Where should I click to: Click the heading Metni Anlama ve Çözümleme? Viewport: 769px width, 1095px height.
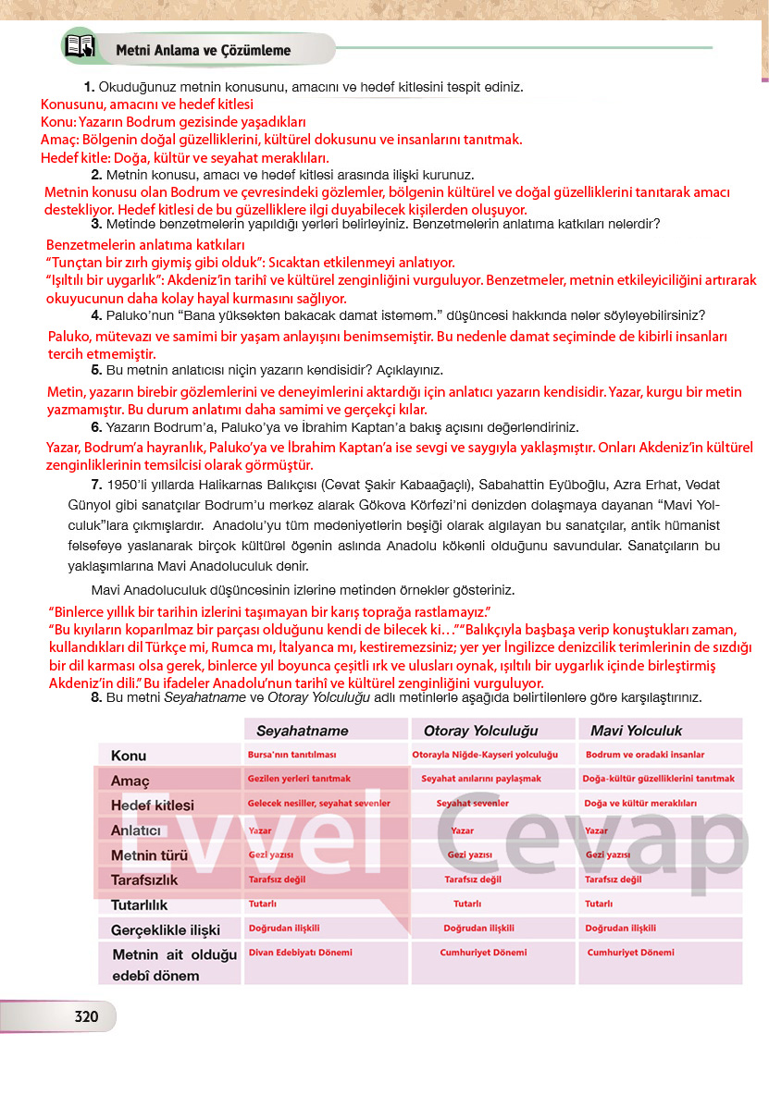(203, 50)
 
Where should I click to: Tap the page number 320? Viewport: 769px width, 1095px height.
(86, 1016)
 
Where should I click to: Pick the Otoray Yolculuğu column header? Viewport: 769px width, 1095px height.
(480, 731)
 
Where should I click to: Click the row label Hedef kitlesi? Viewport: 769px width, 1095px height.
(153, 806)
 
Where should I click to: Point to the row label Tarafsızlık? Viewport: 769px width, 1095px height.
(144, 880)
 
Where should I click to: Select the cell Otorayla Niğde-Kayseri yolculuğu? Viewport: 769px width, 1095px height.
(485, 755)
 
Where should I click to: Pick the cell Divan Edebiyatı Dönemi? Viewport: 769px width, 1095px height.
(300, 952)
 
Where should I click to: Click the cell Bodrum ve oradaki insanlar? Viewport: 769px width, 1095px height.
(645, 755)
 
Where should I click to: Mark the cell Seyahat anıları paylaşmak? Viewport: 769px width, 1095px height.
(481, 779)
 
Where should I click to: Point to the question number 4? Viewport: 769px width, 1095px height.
(95, 315)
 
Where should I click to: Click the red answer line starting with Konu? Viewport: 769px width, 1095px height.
(173, 122)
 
